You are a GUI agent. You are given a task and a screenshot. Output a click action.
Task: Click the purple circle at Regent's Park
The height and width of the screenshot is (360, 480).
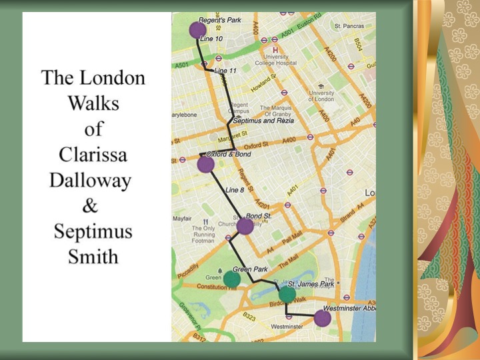[x=197, y=30]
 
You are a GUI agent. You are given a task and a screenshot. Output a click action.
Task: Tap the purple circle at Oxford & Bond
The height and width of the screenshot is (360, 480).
[x=206, y=165]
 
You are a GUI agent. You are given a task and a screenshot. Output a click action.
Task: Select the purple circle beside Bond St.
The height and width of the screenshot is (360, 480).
[x=245, y=227]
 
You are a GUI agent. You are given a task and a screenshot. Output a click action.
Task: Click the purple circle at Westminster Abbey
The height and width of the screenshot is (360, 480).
[x=322, y=318]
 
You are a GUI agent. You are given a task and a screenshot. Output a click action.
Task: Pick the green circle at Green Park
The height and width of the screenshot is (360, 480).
[x=231, y=279]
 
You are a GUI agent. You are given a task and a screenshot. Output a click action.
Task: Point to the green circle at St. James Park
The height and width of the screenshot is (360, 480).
[x=287, y=294]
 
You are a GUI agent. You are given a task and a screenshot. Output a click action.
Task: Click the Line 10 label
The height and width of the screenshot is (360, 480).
[x=211, y=39]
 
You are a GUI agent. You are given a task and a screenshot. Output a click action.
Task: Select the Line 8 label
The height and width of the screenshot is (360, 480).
[x=235, y=190]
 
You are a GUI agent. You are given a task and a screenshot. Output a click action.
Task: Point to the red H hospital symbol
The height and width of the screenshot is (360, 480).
[x=275, y=49]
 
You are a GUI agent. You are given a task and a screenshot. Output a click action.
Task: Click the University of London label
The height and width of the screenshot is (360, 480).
[x=321, y=96]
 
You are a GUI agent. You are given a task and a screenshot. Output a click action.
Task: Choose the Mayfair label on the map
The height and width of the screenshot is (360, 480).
[x=183, y=218]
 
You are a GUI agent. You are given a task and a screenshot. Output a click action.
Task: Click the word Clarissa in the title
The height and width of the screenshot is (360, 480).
[x=93, y=155]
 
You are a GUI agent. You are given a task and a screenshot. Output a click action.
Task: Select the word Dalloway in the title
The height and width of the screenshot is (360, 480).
[x=90, y=181]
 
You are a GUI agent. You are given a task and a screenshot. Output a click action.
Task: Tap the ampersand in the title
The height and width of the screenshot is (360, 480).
[x=90, y=207]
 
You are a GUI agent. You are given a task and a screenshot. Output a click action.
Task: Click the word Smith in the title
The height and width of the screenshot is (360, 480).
[x=93, y=256]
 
